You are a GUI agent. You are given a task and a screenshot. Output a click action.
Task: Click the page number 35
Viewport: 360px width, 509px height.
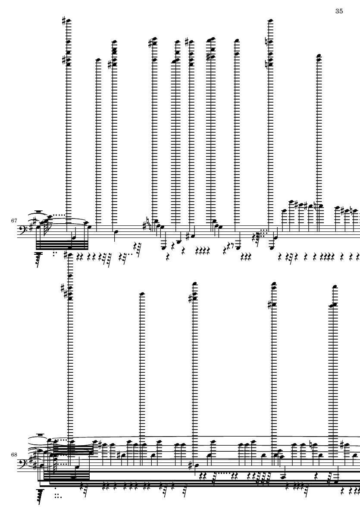click(x=338, y=11)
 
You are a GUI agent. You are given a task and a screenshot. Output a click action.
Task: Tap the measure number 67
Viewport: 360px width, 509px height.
click(x=14, y=221)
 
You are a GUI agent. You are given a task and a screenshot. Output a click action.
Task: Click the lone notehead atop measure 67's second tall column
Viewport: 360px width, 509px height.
click(x=97, y=60)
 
